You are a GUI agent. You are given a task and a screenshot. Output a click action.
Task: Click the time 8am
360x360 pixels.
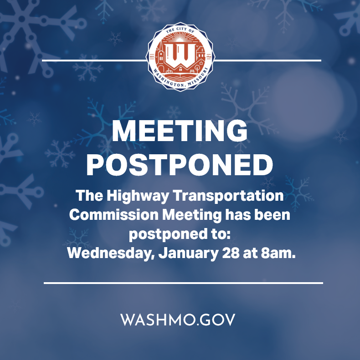pos(278,254)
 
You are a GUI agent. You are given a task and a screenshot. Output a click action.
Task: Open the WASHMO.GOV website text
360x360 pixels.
pos(178,319)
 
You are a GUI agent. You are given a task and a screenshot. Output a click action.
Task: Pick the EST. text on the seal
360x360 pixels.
pos(152,56)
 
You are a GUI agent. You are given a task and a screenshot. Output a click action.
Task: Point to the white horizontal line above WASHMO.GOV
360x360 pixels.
pos(183,283)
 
